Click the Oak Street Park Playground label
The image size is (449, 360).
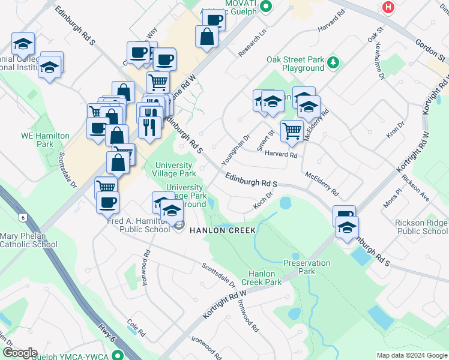click(x=295, y=64)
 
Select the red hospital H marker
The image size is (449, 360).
click(x=389, y=7)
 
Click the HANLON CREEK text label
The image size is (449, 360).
click(x=223, y=230)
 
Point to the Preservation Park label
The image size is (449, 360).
click(x=307, y=267)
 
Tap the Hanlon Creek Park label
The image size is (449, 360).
click(x=262, y=278)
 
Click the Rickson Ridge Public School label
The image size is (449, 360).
click(x=421, y=227)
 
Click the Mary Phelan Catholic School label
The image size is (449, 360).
click(x=28, y=240)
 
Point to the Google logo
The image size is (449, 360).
click(x=19, y=353)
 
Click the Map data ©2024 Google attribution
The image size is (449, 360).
click(x=411, y=355)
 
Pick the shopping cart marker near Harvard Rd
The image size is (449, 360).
click(x=292, y=130)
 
